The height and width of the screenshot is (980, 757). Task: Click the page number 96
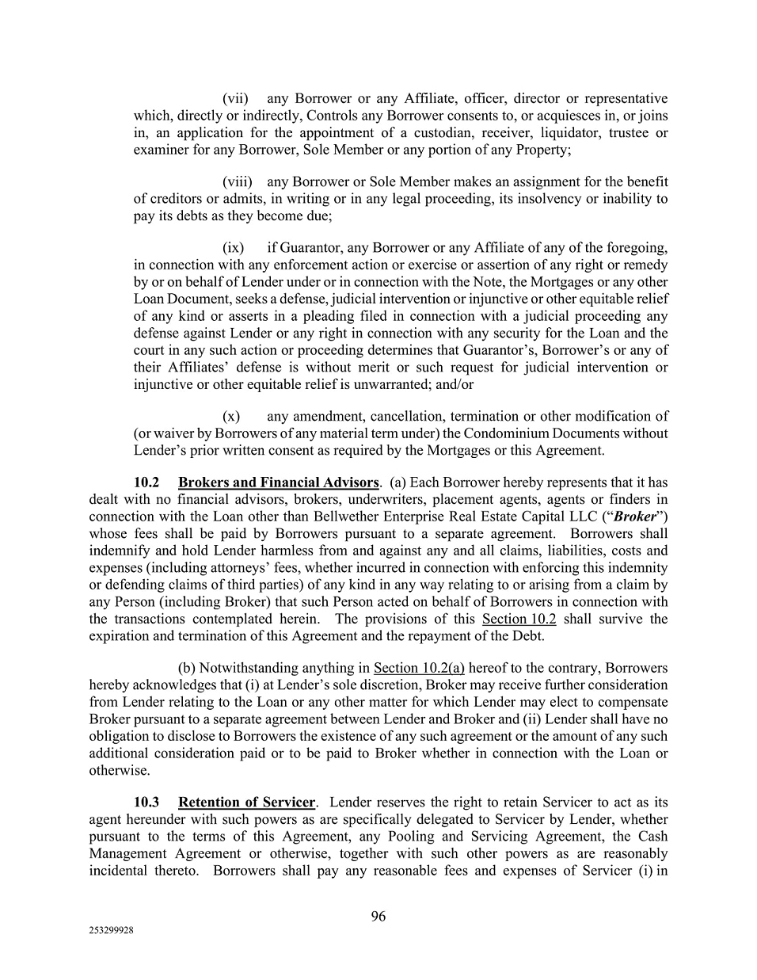(378, 917)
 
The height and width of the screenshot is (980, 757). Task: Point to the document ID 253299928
(112, 932)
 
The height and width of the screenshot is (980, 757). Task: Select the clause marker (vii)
(235, 99)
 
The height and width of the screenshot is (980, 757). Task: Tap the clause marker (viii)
(237, 182)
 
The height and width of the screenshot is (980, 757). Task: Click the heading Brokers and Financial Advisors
(279, 482)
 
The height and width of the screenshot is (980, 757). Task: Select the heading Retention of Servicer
(247, 803)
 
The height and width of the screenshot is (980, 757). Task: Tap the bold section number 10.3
(146, 803)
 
